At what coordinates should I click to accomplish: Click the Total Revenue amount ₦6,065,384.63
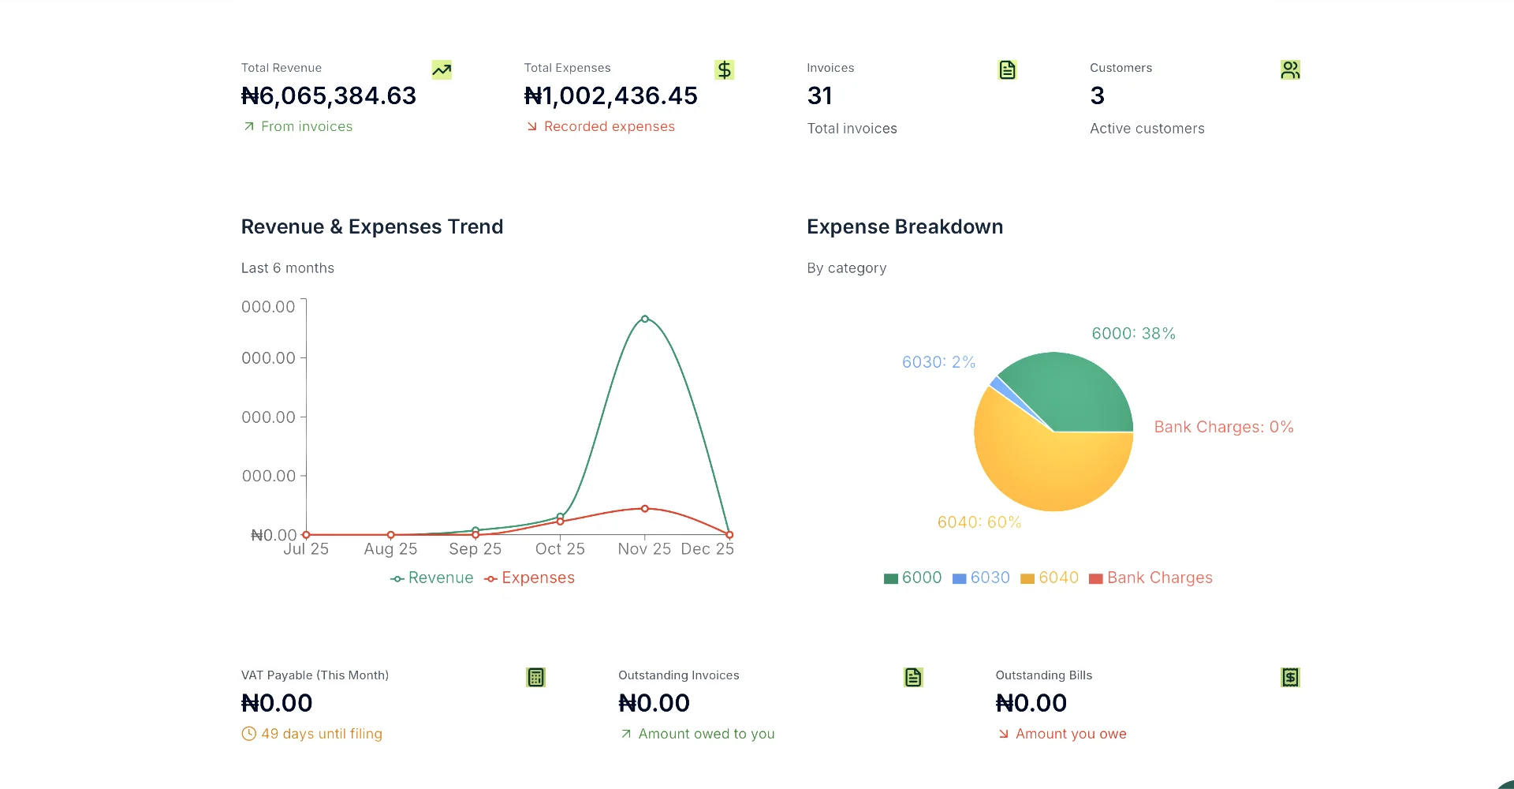point(329,96)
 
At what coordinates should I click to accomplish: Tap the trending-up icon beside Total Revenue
point(442,70)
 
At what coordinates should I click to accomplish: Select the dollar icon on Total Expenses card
point(724,70)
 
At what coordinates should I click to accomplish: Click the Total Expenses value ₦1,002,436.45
point(611,96)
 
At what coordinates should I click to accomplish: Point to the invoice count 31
point(820,96)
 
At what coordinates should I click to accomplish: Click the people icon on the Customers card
point(1290,70)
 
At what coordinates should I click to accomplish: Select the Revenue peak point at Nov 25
point(645,319)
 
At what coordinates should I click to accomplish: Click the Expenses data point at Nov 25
point(645,509)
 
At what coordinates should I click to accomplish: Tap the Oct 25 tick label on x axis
point(560,549)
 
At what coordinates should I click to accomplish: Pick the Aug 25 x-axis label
point(390,549)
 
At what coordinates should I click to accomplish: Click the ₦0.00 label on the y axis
point(274,536)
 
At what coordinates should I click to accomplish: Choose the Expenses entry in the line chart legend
point(530,578)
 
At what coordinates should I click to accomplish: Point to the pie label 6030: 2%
point(938,362)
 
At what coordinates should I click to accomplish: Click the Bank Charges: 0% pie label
point(1223,427)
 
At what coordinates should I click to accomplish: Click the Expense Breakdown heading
point(904,227)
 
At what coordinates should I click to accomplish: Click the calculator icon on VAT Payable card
point(535,678)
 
